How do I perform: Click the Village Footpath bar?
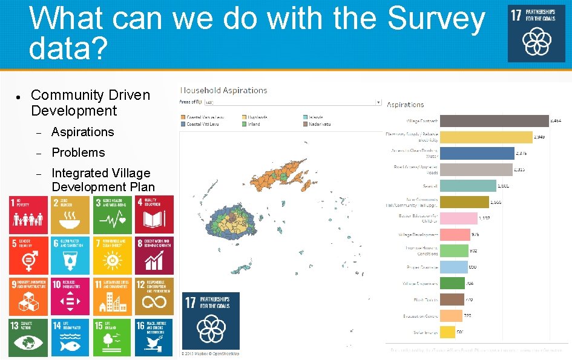(x=493, y=121)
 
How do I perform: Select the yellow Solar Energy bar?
(x=448, y=332)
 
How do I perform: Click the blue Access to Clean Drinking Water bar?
(x=476, y=154)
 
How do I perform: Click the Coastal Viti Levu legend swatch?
(x=183, y=124)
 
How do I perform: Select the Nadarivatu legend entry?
(x=318, y=124)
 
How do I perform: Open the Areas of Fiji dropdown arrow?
(x=379, y=103)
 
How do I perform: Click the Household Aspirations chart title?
(x=224, y=90)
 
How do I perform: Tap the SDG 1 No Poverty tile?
(x=28, y=214)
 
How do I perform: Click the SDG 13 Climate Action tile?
(x=28, y=336)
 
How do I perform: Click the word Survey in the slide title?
(x=436, y=19)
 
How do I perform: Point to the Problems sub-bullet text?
(x=78, y=152)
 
